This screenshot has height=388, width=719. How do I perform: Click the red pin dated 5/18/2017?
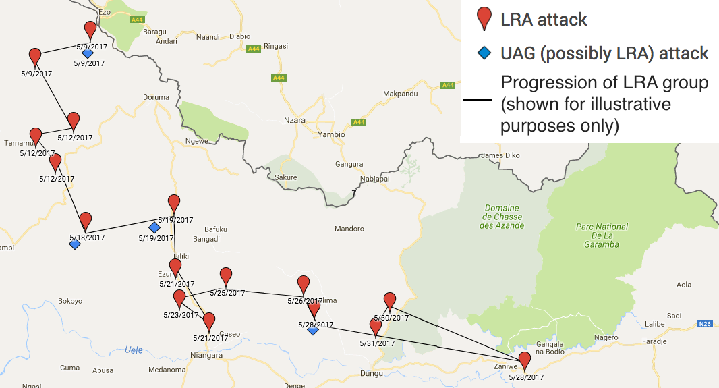coord(86,221)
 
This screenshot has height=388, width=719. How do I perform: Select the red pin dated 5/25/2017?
coord(226,276)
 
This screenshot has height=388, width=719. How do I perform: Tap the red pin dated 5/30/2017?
coord(389,301)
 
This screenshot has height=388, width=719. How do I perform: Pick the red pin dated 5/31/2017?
coord(376,327)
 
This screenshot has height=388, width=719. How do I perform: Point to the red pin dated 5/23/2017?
coord(179,298)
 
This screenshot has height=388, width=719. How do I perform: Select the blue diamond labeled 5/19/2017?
coord(154,227)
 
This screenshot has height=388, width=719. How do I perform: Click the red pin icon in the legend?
coord(483,19)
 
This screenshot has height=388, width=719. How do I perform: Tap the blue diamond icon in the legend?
coord(483,53)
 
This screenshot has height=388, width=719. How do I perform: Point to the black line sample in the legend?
coord(478,100)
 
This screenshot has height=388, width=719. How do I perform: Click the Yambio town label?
coord(331,134)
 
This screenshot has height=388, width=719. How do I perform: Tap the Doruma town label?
coord(156,97)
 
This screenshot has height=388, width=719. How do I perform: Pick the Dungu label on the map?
coord(371,373)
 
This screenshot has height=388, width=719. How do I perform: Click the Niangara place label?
coord(206,356)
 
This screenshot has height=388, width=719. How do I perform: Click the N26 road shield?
coord(705,324)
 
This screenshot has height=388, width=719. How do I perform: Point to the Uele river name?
coord(135,349)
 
